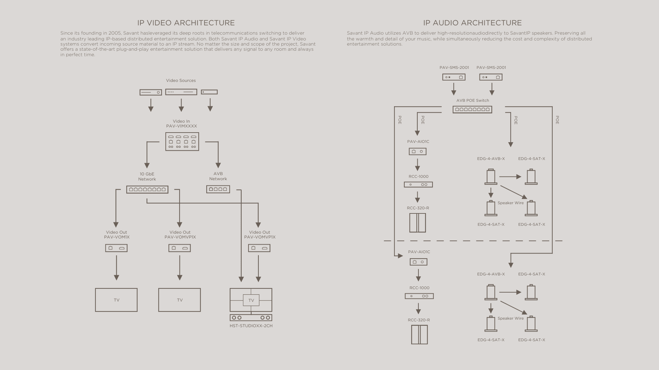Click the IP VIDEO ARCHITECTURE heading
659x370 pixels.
click(x=186, y=23)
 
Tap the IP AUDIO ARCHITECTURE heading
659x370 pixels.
click(x=472, y=23)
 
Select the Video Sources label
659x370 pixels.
click(x=181, y=81)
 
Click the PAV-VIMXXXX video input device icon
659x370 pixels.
click(x=182, y=141)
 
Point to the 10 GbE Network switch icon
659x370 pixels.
click(x=147, y=189)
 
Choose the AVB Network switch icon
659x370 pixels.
click(x=218, y=189)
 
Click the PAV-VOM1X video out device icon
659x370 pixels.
click(x=116, y=248)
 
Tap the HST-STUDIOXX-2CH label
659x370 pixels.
click(x=251, y=326)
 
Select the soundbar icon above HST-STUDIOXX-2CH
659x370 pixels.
click(x=251, y=318)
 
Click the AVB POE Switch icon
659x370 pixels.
click(x=472, y=110)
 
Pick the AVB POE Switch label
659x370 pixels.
click(x=473, y=100)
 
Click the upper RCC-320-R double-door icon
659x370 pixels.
click(x=418, y=223)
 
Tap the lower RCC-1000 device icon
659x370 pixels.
click(x=419, y=296)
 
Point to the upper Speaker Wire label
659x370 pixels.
click(x=511, y=203)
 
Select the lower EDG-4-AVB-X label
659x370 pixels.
click(x=491, y=274)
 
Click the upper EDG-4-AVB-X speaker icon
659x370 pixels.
click(x=491, y=177)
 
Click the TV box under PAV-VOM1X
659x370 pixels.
click(x=116, y=300)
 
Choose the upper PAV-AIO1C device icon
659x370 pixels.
click(x=418, y=151)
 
